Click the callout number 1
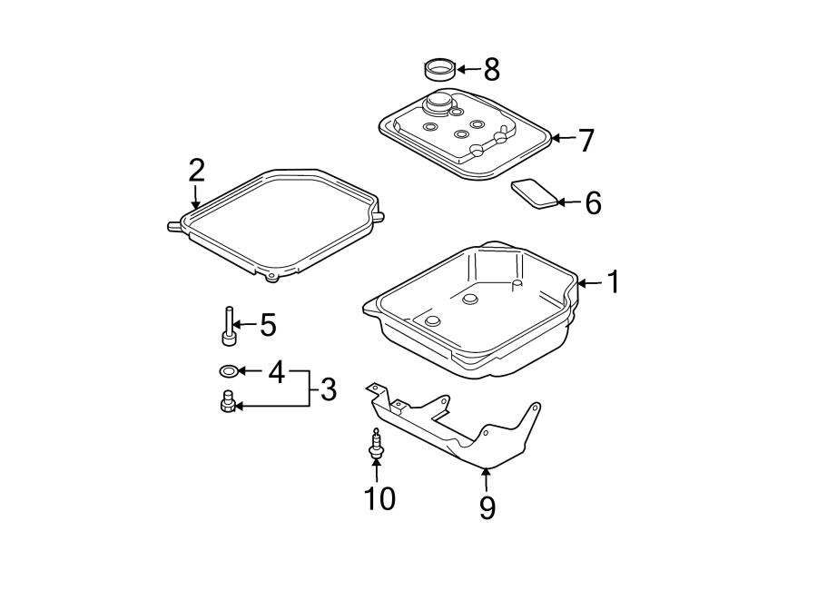tap(615, 282)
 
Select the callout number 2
tap(196, 171)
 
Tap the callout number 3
tap(329, 389)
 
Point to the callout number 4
tap(277, 372)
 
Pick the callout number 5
tap(268, 324)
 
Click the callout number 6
tap(593, 203)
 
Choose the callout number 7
tap(586, 140)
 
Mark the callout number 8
tap(491, 69)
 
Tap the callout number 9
tap(487, 507)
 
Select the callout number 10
tap(379, 498)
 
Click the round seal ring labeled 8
tap(441, 70)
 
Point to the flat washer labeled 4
tap(228, 371)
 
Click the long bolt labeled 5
tap(229, 326)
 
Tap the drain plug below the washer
tap(227, 401)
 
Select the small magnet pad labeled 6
tap(535, 193)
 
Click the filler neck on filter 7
tap(438, 103)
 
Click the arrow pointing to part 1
tap(589, 283)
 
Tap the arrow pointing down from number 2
tap(195, 197)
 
